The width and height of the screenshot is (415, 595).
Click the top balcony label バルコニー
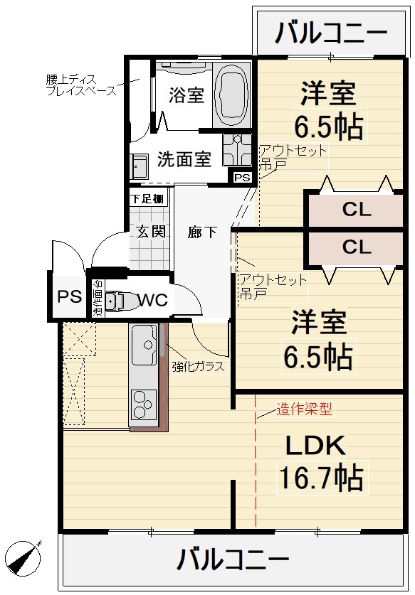331,33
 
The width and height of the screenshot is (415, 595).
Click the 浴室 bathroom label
187,95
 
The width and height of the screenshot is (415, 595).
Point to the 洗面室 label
184,159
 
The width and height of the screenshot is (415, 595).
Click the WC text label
152,300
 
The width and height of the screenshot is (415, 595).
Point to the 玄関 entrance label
150,231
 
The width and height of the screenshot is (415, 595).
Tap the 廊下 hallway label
202,232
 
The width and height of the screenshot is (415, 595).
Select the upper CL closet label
356,210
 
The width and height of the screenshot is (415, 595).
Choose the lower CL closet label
356,247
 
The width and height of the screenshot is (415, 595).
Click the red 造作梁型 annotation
304,409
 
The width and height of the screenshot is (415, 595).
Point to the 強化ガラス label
198,368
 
